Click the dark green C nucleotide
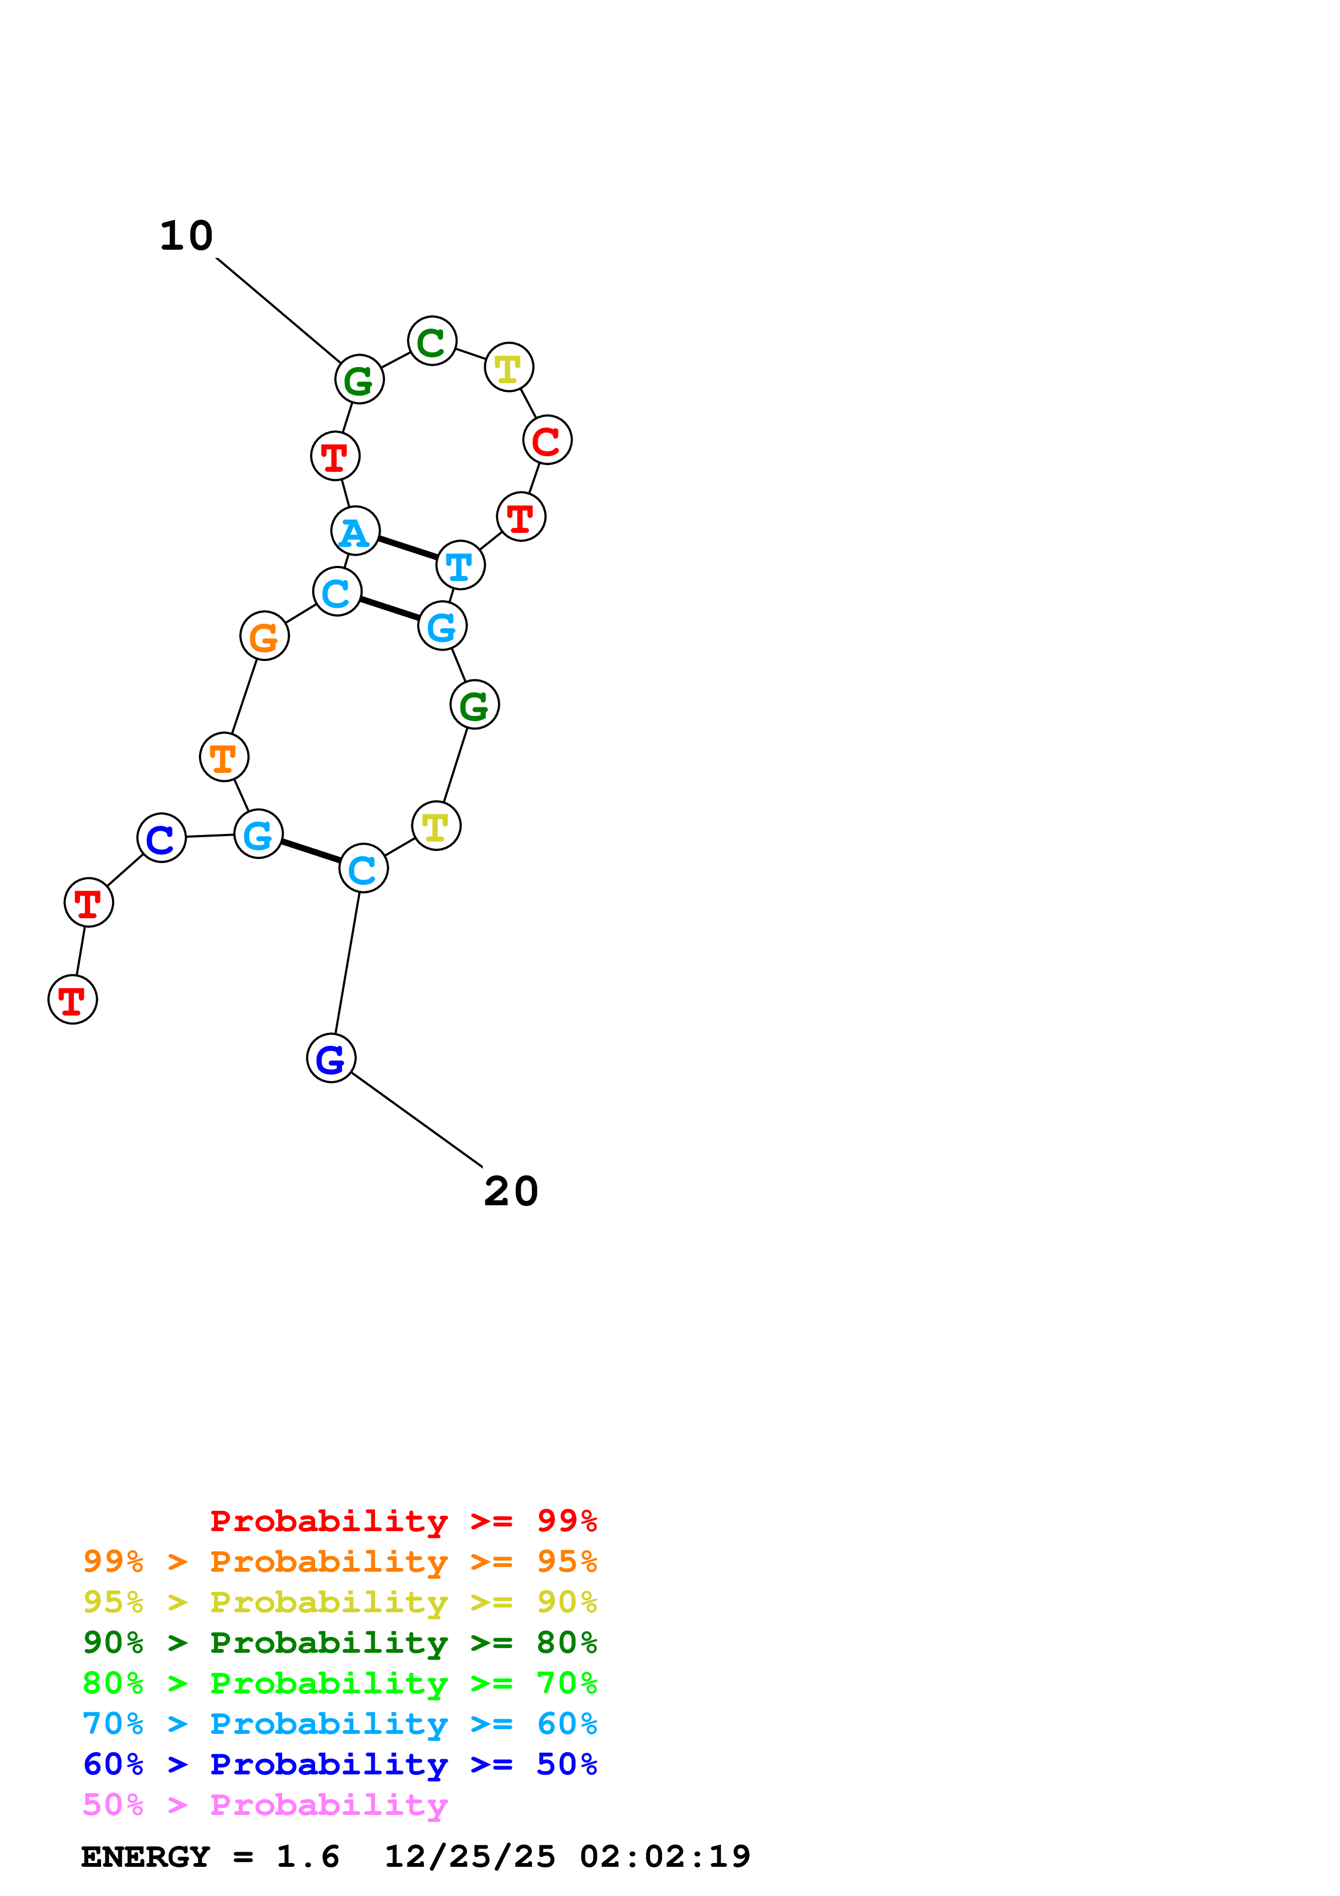432,341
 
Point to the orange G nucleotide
264,636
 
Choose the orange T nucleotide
224,757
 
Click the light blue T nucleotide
460,566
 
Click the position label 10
186,236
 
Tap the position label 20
511,1192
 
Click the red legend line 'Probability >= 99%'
403,1521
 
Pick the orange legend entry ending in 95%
340,1561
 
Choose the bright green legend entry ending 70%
340,1683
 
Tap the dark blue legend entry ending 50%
340,1764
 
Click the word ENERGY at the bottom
145,1857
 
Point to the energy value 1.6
307,1857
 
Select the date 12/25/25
470,1857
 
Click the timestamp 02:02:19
665,1857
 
